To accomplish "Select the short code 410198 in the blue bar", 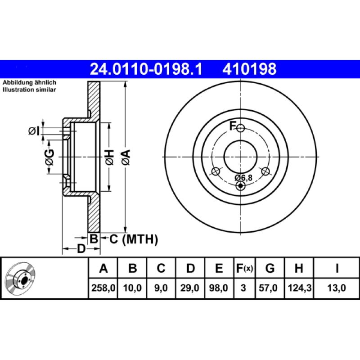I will (248, 69).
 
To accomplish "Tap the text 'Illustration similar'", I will (29, 90).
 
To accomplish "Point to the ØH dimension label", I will (109, 157).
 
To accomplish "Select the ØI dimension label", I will (34, 131).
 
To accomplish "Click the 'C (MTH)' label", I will (134, 239).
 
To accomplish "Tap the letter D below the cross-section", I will (81, 248).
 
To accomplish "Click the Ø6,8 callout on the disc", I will (243, 178).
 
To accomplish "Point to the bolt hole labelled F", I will (241, 128).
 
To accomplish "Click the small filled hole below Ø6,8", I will (241, 186).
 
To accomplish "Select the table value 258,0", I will (103, 287).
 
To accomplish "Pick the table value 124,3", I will (298, 287).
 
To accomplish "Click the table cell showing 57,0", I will (270, 287).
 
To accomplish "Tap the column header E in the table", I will (219, 269).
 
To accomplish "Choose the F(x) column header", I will (244, 269).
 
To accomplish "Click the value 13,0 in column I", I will (337, 287).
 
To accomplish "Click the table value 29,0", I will (190, 287).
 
